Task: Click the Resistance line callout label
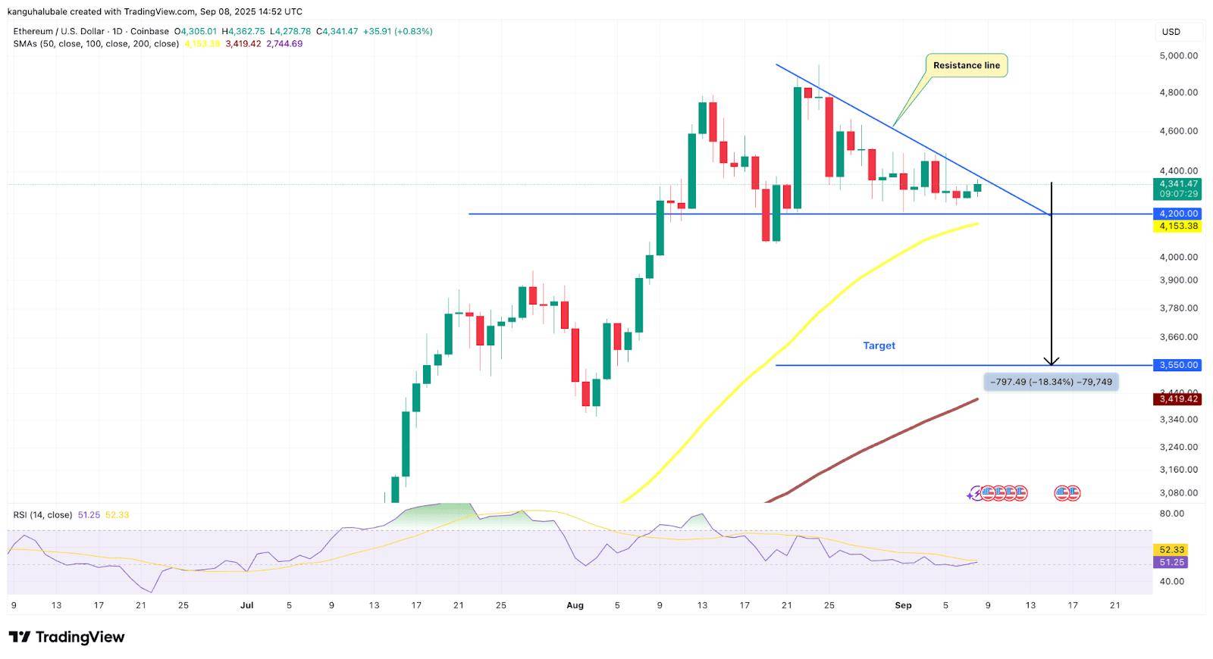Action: pyautogui.click(x=966, y=65)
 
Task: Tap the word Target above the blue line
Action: pyautogui.click(x=879, y=345)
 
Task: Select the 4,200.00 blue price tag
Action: pyautogui.click(x=1177, y=214)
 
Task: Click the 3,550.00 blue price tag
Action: pyautogui.click(x=1177, y=365)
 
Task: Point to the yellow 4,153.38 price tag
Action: pyautogui.click(x=1177, y=226)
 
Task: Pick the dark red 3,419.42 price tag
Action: pyautogui.click(x=1177, y=398)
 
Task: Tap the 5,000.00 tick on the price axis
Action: pyautogui.click(x=1178, y=55)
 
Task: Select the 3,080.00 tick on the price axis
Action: pyautogui.click(x=1178, y=492)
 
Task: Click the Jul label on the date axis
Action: pyautogui.click(x=246, y=605)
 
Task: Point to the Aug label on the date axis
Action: pyautogui.click(x=575, y=605)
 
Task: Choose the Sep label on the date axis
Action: pyautogui.click(x=903, y=605)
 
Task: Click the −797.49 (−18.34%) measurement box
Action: pyautogui.click(x=1051, y=382)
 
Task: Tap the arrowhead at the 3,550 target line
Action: pyautogui.click(x=1051, y=361)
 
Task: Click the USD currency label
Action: pyautogui.click(x=1171, y=32)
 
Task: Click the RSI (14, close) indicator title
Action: pyautogui.click(x=42, y=515)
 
